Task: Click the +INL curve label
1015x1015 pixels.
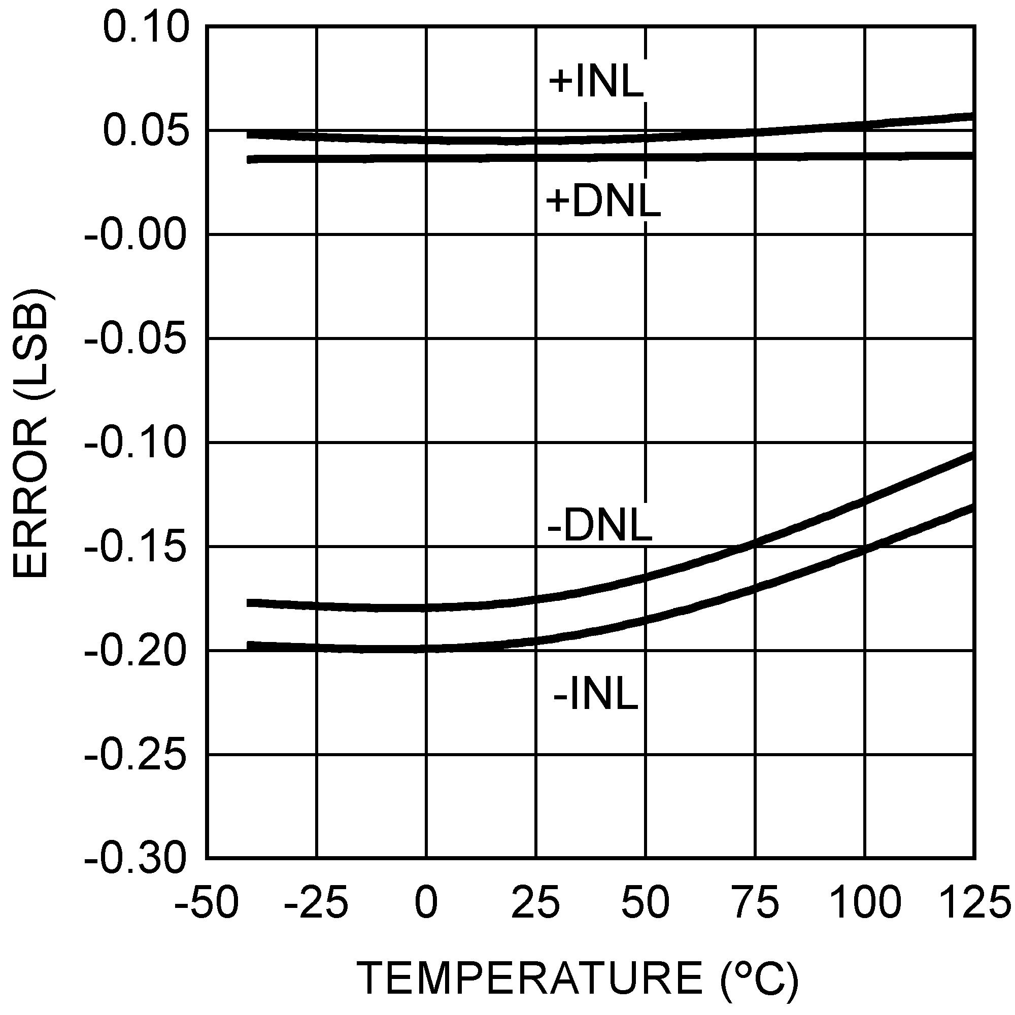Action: pyautogui.click(x=596, y=82)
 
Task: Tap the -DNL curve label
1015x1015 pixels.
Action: pyautogui.click(x=599, y=526)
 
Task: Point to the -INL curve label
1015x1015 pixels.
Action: pyautogui.click(x=595, y=695)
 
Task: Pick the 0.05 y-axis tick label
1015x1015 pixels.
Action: pyautogui.click(x=146, y=131)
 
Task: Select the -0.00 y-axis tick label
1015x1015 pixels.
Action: pyautogui.click(x=136, y=235)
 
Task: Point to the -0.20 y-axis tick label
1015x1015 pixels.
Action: pyautogui.click(x=136, y=652)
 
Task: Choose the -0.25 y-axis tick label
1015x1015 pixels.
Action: pyautogui.click(x=136, y=756)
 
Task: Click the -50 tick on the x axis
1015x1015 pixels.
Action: pyautogui.click(x=206, y=902)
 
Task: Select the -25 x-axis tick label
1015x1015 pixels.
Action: pyautogui.click(x=316, y=902)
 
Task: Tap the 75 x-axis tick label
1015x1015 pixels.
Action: pyautogui.click(x=756, y=902)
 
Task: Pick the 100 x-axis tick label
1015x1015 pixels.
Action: pyautogui.click(x=865, y=902)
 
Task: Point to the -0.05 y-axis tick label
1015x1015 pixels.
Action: pyautogui.click(x=136, y=339)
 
